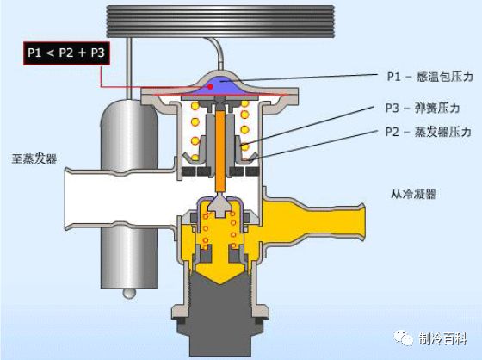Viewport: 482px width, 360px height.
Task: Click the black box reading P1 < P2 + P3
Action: (x=67, y=53)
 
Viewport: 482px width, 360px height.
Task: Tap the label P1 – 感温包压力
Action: (x=429, y=77)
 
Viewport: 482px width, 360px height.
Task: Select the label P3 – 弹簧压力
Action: (x=423, y=108)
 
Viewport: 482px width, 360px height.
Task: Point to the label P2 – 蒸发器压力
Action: (x=429, y=132)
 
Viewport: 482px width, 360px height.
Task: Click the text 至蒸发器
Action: (x=34, y=158)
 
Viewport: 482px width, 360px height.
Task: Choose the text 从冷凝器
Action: (x=413, y=194)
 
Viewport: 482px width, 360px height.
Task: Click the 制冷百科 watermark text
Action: (x=443, y=339)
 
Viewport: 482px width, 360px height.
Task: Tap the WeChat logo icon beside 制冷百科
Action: (x=404, y=338)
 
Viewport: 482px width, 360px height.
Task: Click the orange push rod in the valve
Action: (x=220, y=151)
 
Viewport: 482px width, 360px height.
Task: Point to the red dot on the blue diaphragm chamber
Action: (x=210, y=87)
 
